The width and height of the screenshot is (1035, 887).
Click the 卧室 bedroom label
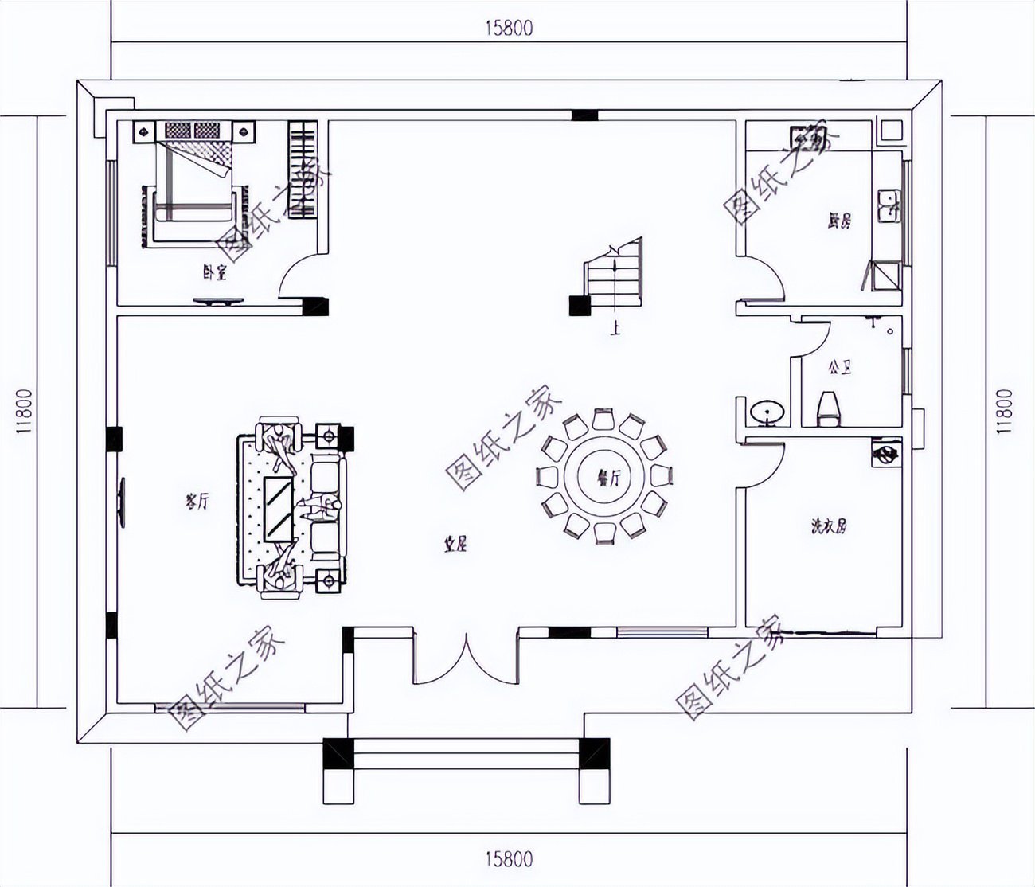[215, 273]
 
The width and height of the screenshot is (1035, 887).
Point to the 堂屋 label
[455, 545]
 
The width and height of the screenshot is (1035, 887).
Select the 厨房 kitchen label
[838, 221]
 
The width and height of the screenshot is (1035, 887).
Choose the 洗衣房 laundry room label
[828, 526]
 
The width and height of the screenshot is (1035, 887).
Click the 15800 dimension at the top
[508, 28]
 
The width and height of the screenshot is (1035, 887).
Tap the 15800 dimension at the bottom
[508, 859]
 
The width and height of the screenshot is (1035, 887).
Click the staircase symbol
[614, 275]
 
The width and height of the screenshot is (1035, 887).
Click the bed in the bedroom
[193, 179]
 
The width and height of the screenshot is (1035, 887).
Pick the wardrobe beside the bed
[303, 169]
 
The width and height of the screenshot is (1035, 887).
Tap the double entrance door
[466, 657]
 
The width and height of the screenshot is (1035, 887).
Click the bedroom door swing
[299, 279]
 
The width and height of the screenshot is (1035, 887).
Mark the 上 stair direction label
[614, 327]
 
